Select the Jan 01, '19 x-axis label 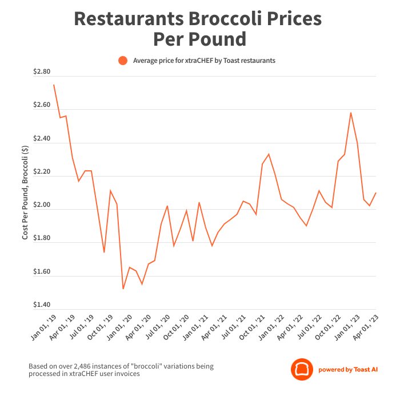click(43, 329)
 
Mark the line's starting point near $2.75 click(54, 85)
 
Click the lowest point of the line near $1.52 click(123, 289)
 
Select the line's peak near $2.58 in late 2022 click(350, 113)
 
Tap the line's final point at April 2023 click(375, 193)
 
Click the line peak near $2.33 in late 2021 click(269, 154)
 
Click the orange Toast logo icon click(301, 369)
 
